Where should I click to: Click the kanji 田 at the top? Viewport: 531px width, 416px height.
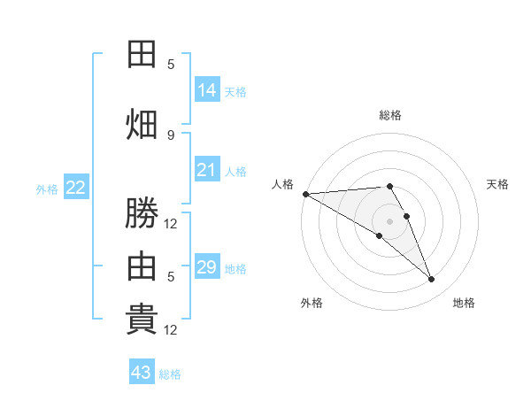(142, 54)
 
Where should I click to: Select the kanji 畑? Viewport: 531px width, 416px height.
(142, 124)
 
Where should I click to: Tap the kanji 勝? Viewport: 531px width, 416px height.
(142, 212)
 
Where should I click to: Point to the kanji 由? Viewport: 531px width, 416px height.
(142, 266)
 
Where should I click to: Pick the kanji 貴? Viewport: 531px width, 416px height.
(142, 320)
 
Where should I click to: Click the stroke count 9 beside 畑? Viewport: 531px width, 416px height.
(171, 135)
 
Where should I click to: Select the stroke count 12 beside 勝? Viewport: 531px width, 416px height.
(170, 224)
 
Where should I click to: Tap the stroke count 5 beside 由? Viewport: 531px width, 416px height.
(171, 277)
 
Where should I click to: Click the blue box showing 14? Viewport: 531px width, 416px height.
(207, 89)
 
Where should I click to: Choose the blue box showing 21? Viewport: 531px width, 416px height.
(207, 169)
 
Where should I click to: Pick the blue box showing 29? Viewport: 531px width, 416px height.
(207, 266)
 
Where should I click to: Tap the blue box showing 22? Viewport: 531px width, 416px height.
(76, 187)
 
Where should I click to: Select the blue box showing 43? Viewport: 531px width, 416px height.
(142, 371)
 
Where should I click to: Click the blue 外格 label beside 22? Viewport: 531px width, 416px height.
(47, 189)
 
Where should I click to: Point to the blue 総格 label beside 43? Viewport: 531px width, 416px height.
(170, 374)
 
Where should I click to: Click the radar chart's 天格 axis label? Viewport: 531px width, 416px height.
(497, 184)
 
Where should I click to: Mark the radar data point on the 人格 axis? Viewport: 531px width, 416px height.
(306, 194)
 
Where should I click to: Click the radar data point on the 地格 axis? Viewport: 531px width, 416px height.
(431, 279)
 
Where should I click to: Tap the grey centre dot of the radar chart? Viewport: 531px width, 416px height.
(389, 221)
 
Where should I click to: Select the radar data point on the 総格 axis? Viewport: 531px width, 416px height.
(389, 186)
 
